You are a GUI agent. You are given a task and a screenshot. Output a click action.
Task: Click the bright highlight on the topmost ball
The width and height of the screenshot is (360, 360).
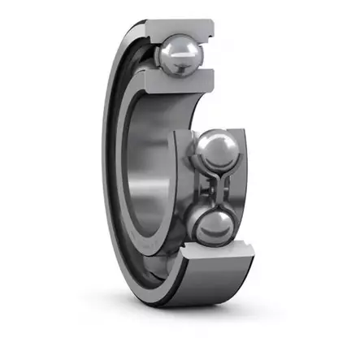pyautogui.click(x=175, y=49)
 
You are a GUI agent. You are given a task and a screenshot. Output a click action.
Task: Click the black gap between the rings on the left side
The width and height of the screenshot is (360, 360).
pyautogui.click(x=115, y=163)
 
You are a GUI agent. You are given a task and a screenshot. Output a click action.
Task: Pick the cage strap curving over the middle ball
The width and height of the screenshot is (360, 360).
pyautogui.click(x=218, y=130)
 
